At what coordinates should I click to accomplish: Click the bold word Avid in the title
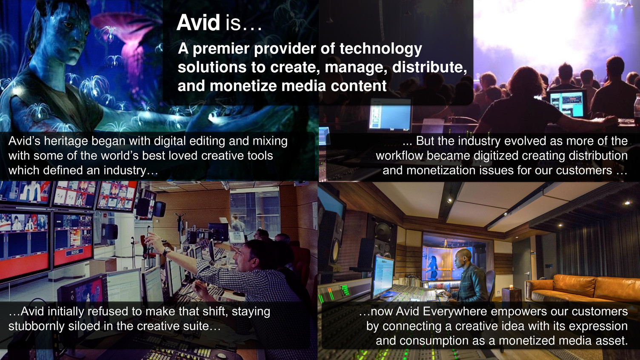(198, 23)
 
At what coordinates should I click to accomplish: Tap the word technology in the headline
(380, 49)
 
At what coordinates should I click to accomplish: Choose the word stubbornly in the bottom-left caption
(36, 326)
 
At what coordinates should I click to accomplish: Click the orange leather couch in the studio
(583, 288)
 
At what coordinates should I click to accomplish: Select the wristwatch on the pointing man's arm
(166, 251)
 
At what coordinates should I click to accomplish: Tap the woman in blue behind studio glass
(433, 267)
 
